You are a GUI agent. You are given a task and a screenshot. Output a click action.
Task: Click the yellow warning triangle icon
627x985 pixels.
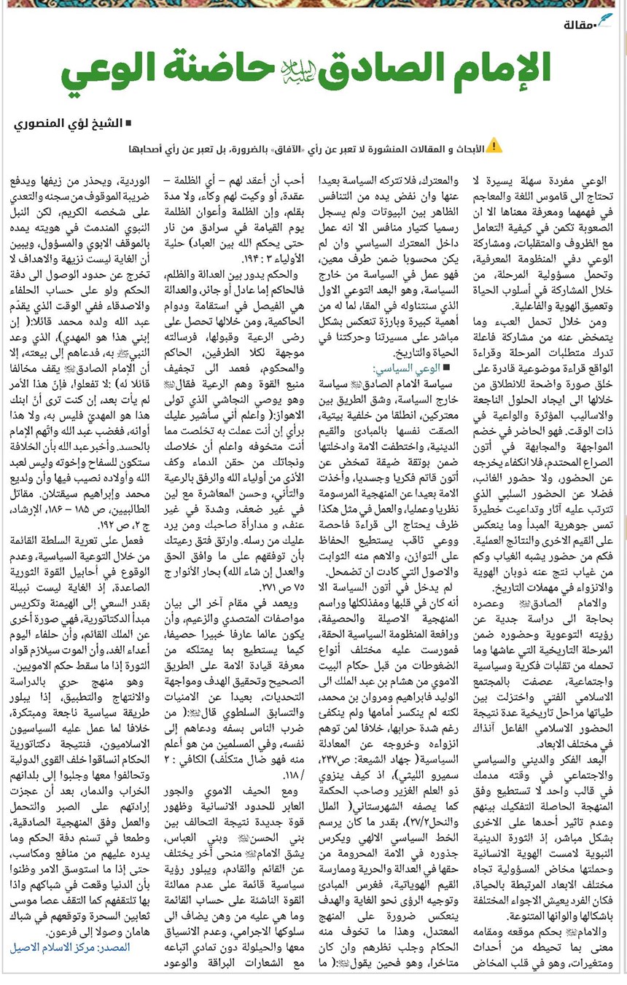click(495, 146)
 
